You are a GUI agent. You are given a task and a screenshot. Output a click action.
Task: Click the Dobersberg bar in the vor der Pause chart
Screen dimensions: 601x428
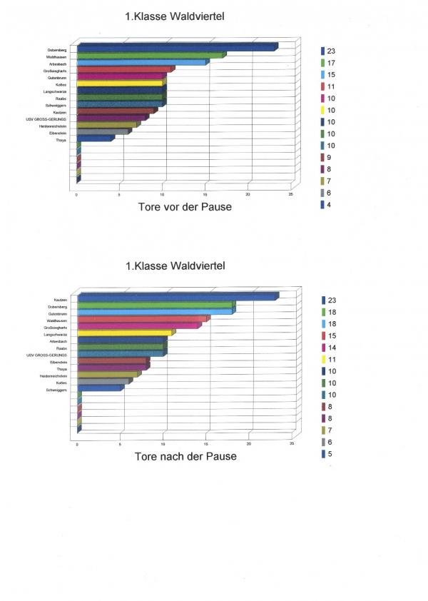175,49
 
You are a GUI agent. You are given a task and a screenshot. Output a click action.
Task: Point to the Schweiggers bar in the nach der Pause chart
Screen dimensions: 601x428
100,388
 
